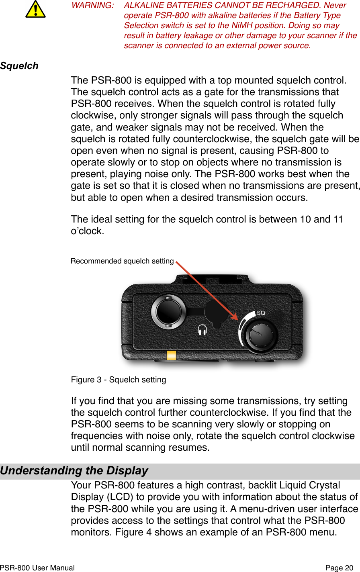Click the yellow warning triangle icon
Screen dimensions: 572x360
click(x=35, y=10)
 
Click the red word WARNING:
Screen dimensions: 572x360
click(x=92, y=6)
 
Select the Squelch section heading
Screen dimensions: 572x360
click(x=19, y=66)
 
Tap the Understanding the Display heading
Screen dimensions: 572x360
click(x=74, y=470)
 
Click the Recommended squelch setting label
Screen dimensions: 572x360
click(x=122, y=261)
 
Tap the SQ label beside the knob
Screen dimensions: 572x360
click(x=261, y=313)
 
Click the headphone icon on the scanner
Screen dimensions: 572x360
click(x=202, y=330)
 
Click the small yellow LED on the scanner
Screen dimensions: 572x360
click(x=172, y=355)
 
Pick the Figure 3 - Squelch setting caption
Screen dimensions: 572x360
click(x=119, y=380)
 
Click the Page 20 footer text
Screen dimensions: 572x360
click(x=339, y=568)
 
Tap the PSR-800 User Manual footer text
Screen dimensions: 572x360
click(x=37, y=568)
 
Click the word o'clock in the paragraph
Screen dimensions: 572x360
click(x=87, y=231)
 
